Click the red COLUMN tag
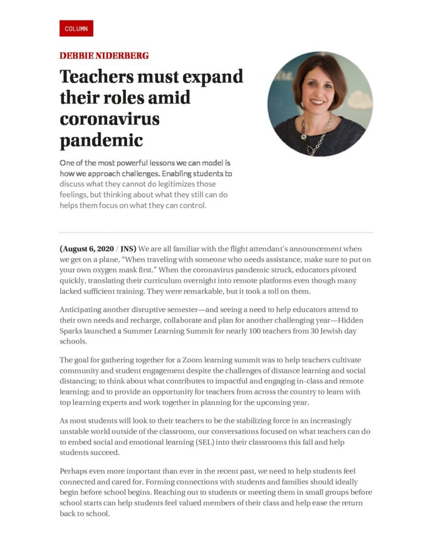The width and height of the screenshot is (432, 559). tap(76, 29)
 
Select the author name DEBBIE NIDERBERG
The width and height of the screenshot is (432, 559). tap(104, 56)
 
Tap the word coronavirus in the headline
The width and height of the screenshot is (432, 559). tap(109, 119)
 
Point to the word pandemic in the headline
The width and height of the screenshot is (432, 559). tap(101, 140)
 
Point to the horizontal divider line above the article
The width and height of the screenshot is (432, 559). tap(216, 232)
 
